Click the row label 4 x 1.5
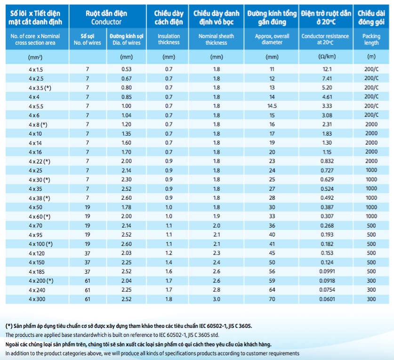(x=36, y=69)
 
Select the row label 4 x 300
(x=37, y=299)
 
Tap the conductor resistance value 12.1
(x=327, y=69)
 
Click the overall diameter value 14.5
(x=272, y=106)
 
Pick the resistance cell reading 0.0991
(x=327, y=271)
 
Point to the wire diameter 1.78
(x=127, y=207)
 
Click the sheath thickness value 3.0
(x=217, y=299)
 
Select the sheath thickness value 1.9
(x=217, y=216)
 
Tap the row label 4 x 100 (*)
(x=40, y=244)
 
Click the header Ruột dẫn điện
(x=106, y=13)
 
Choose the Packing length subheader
(x=371, y=39)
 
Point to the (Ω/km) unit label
(x=327, y=57)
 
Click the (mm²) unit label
(x=35, y=57)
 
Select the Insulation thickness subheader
(x=169, y=39)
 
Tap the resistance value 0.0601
(x=327, y=299)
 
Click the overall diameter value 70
(x=272, y=299)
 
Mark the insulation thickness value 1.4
(x=169, y=262)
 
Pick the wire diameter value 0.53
(x=127, y=69)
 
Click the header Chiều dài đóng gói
(x=371, y=17)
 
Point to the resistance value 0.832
(x=327, y=161)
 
